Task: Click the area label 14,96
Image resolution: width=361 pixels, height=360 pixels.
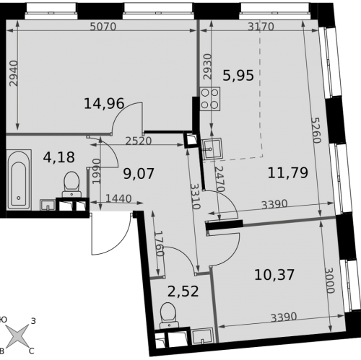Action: (104, 104)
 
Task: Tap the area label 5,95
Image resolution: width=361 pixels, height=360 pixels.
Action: (238, 75)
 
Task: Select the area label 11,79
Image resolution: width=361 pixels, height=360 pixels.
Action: (288, 172)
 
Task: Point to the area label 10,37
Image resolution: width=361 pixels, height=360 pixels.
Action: (274, 275)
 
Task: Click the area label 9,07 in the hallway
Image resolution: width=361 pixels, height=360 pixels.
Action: (139, 174)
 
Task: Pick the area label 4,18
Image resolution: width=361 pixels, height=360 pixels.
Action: (59, 157)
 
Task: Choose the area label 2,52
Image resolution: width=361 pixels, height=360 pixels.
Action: (183, 291)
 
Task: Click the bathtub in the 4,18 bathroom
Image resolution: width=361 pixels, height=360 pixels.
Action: (19, 180)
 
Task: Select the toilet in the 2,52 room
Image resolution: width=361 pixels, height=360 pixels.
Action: (169, 315)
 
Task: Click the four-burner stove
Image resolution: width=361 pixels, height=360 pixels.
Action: (210, 99)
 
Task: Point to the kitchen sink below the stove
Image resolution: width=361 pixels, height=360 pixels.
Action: (212, 149)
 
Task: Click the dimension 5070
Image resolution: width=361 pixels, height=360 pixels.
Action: (103, 27)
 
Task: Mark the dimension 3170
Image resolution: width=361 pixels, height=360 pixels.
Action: (261, 27)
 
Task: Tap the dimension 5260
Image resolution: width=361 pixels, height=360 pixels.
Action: (316, 130)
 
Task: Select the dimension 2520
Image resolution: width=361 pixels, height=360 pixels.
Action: (139, 141)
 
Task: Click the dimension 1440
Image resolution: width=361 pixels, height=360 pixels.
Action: (118, 199)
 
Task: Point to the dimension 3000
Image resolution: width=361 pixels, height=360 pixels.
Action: (329, 281)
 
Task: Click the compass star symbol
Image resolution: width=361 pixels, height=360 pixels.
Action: (17, 335)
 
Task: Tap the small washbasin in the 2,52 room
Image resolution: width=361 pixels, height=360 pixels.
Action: (203, 336)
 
